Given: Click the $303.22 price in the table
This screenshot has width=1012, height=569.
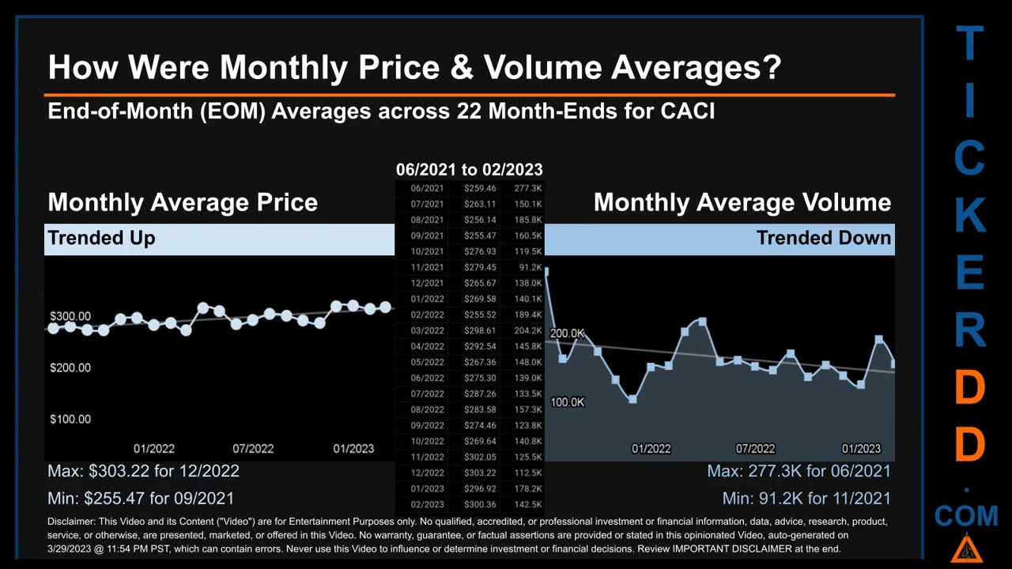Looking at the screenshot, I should click(480, 473).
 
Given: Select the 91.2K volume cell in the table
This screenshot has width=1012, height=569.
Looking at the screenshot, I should click(529, 267).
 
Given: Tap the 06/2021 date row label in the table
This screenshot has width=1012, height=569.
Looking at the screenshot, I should click(427, 188).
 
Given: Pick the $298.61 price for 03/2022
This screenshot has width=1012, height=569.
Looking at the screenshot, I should click(480, 330).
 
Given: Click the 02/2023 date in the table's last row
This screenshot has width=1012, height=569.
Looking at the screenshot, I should click(427, 504).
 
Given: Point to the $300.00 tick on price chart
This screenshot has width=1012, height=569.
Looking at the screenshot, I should click(70, 316).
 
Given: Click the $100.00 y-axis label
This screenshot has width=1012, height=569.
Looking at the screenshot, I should click(70, 419).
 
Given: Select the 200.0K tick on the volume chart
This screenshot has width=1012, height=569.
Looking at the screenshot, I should click(567, 333).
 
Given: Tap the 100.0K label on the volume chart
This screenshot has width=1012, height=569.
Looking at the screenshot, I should click(567, 402).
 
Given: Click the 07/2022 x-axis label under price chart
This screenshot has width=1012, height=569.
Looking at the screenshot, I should click(253, 448).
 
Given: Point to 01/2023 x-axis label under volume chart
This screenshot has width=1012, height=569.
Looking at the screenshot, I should click(861, 448).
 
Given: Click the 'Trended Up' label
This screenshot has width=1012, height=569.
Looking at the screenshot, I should click(101, 238).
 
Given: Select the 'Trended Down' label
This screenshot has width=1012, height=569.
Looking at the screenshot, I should click(823, 238).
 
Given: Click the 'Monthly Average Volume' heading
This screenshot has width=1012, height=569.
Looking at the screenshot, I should click(742, 202).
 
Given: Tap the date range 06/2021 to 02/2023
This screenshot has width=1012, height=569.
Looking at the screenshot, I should click(469, 169).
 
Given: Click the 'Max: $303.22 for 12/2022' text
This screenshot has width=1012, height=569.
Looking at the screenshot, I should click(143, 471).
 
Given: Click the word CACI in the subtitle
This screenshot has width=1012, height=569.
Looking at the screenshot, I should click(687, 111).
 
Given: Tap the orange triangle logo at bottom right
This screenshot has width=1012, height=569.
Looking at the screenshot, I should click(966, 548).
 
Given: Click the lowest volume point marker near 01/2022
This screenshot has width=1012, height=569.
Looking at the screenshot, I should click(632, 399).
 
